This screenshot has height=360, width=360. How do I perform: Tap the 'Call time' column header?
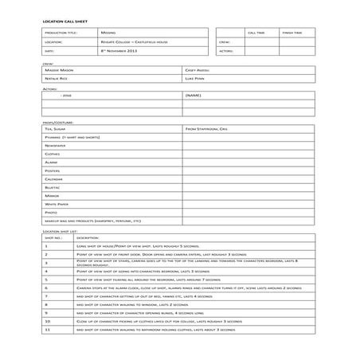(x=256, y=33)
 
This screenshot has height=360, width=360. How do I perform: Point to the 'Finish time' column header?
(x=292, y=33)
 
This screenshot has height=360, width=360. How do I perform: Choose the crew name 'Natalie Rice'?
(x=57, y=79)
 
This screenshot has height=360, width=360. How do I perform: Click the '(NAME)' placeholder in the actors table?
(x=193, y=96)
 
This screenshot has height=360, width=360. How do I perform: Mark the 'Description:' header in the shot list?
(x=88, y=237)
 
